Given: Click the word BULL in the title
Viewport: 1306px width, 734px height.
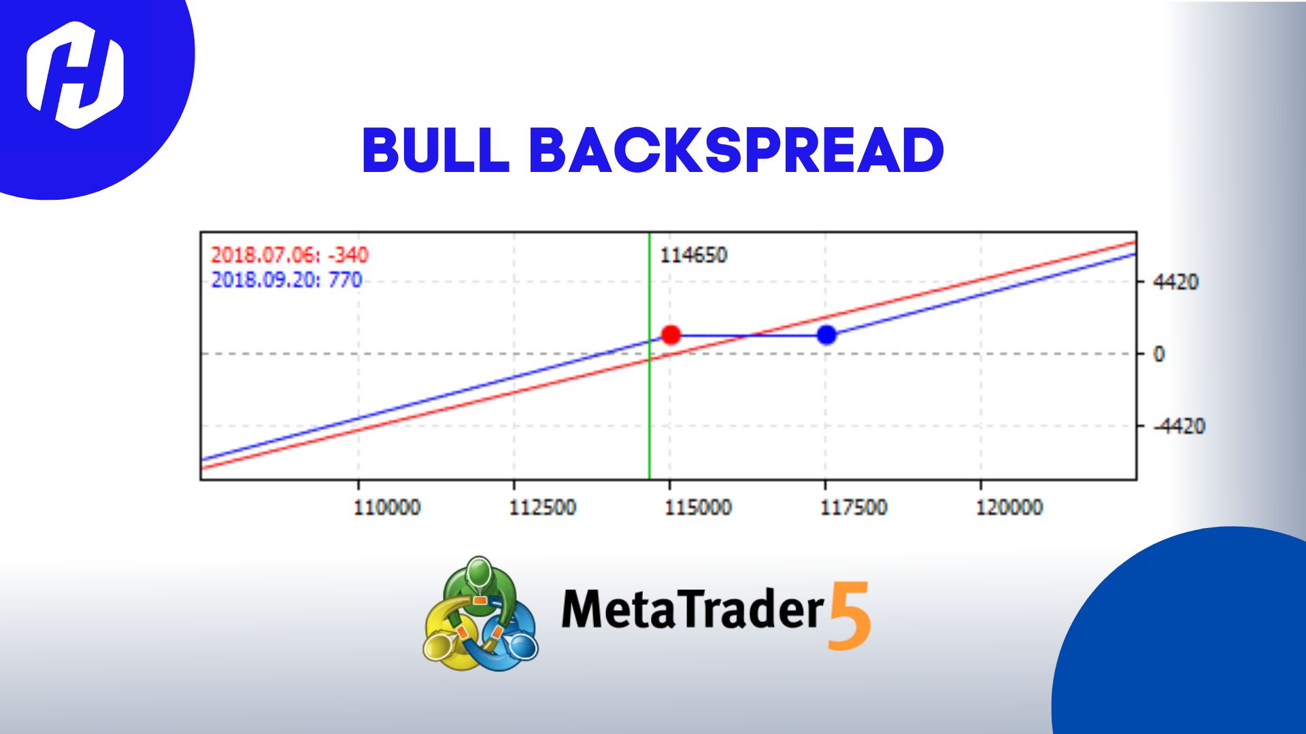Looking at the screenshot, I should pos(435,150).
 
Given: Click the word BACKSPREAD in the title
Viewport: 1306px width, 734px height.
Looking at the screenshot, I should pos(736,150).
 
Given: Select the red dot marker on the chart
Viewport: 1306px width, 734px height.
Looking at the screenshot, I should pos(671,334).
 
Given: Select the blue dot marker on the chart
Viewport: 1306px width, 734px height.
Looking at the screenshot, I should pos(826,334).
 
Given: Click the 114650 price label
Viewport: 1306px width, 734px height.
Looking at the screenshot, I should pos(693,256).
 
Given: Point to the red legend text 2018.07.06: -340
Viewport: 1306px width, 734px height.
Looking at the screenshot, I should pos(289,255).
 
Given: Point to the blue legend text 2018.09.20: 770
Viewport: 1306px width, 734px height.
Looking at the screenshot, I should pos(286,280).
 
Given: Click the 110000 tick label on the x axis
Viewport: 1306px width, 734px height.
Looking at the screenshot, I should pos(386,507).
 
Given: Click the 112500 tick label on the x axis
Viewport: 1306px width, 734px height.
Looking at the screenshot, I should pos(542,507).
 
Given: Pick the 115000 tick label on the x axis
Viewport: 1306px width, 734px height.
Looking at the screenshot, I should pos(698,507).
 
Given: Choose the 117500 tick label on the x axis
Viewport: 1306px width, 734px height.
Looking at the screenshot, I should pos(854,507).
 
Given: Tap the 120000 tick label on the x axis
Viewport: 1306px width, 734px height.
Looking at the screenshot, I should pos(1009,507).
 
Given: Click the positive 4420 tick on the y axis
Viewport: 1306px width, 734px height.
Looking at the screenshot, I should pos(1175,282).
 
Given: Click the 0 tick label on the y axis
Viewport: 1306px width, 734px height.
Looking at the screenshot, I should pos(1159,354).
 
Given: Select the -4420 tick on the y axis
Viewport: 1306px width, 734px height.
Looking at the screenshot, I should pos(1179,426).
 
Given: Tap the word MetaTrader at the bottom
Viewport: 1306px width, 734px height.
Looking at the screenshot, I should pos(692,609).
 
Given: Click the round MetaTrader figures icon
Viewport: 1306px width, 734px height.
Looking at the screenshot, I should pos(480,614).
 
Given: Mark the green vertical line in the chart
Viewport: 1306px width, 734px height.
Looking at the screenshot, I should pos(650,408).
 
